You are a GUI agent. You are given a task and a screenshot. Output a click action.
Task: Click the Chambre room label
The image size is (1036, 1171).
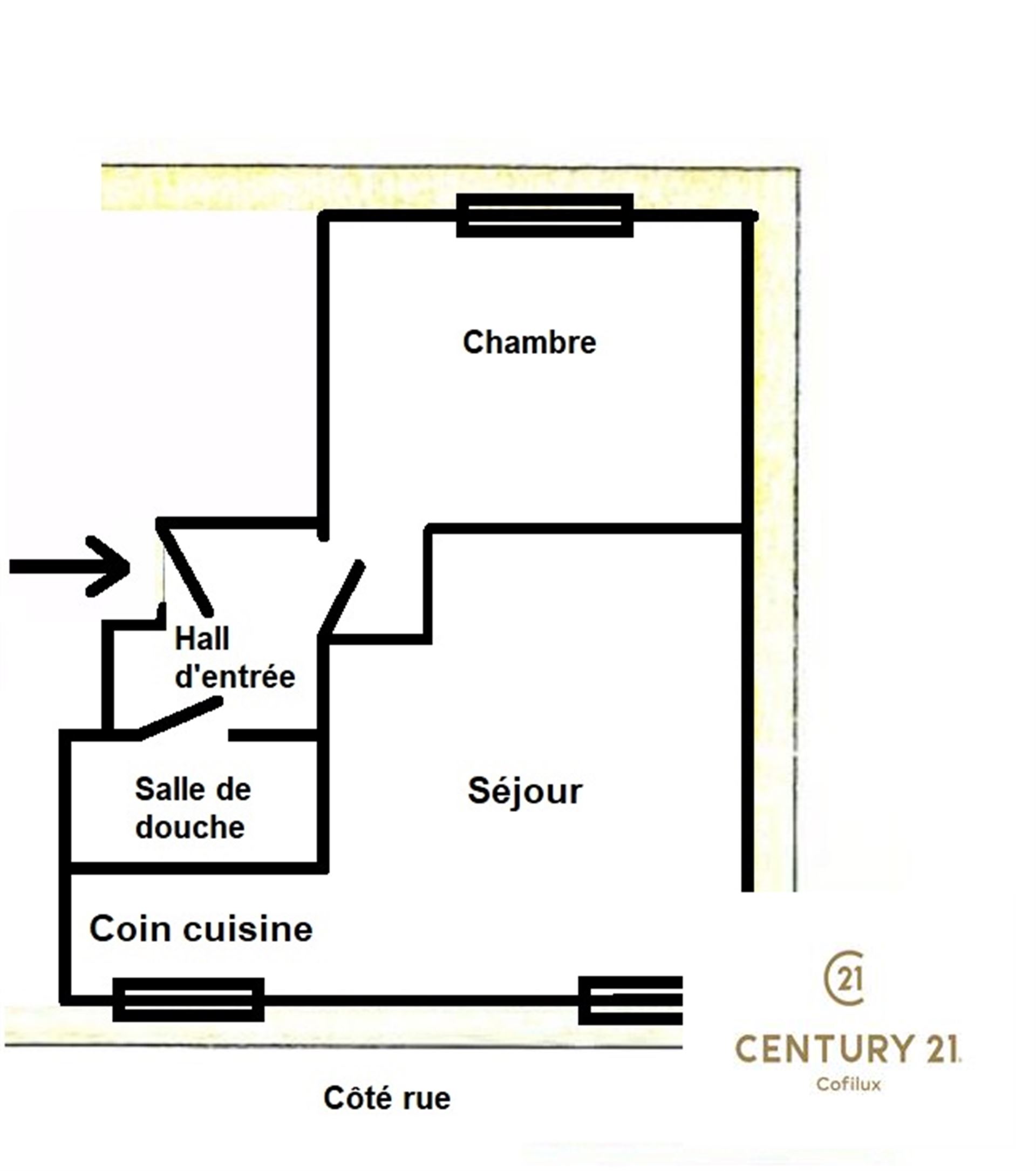pyautogui.click(x=529, y=343)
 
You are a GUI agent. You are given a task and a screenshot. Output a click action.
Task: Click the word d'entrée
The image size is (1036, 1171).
pyautogui.click(x=235, y=676)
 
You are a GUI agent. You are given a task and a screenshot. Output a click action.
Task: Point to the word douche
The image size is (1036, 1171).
pyautogui.click(x=190, y=827)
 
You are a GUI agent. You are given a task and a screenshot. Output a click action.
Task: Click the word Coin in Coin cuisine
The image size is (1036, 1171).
pyautogui.click(x=131, y=929)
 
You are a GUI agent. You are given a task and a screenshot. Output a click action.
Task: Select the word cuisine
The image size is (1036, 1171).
pyautogui.click(x=248, y=929)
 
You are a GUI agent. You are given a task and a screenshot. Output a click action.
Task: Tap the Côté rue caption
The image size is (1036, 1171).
pyautogui.click(x=387, y=1098)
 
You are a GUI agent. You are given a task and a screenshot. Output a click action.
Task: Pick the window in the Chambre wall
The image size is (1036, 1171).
pyautogui.click(x=544, y=215)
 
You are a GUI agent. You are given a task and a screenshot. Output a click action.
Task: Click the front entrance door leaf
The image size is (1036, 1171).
pyautogui.click(x=185, y=566)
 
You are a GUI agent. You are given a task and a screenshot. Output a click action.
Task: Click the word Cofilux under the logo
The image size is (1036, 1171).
pyautogui.click(x=849, y=1085)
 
